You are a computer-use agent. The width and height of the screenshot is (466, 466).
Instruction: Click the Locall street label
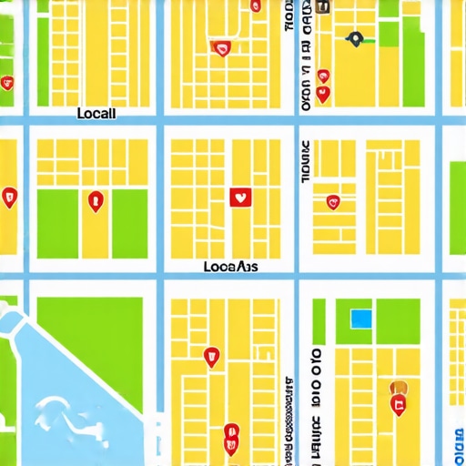pyautogui.click(x=97, y=114)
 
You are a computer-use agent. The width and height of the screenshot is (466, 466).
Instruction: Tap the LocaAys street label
pyautogui.click(x=230, y=268)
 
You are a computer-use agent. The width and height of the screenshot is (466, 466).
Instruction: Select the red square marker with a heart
pyautogui.click(x=240, y=197)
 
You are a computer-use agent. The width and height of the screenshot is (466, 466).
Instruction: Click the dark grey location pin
pyautogui.click(x=355, y=38)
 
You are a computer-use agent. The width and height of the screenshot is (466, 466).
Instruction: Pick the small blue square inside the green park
pyautogui.click(x=361, y=319)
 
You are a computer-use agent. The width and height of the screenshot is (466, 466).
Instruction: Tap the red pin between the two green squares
pyautogui.click(x=96, y=201)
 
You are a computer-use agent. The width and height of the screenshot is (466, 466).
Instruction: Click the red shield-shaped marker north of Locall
pyautogui.click(x=220, y=48)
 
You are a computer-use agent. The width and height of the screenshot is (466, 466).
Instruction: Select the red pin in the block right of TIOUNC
pyautogui.click(x=332, y=201)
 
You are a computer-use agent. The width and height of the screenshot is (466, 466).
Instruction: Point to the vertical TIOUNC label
pyautogui.click(x=305, y=162)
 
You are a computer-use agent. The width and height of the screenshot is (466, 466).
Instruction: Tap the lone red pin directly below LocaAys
pyautogui.click(x=214, y=357)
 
